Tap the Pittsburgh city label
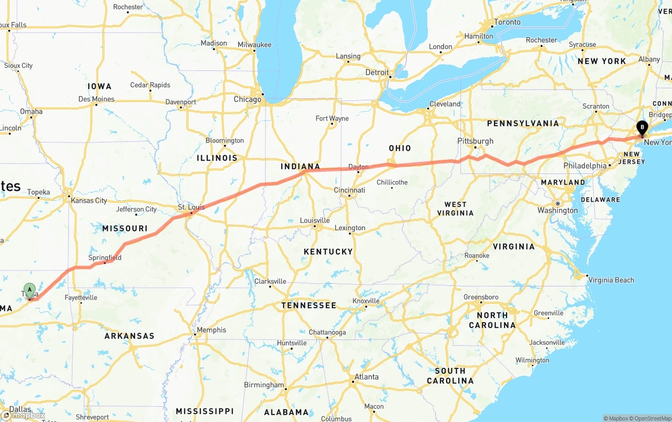click(x=475, y=141)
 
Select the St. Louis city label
click(x=192, y=207)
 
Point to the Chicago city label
click(x=247, y=99)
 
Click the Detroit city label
click(x=377, y=73)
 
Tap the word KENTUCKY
click(x=328, y=252)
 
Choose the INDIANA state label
click(x=300, y=167)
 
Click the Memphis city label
click(x=212, y=330)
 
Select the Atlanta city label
click(x=366, y=377)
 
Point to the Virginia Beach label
click(x=611, y=280)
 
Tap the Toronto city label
click(x=507, y=22)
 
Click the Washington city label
click(x=558, y=210)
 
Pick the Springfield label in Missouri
click(x=104, y=258)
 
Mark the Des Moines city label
click(x=96, y=99)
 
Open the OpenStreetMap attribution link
click(x=652, y=418)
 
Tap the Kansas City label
click(x=89, y=200)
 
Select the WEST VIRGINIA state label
click(x=455, y=209)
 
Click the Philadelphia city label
click(x=584, y=166)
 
